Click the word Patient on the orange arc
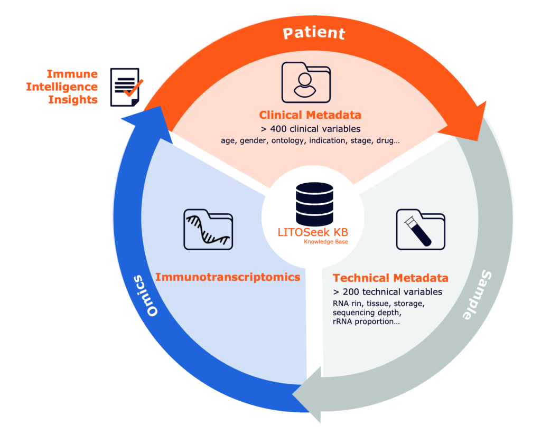click(314, 33)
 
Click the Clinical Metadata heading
click(310, 115)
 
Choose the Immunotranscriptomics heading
click(228, 277)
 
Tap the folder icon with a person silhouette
click(305, 82)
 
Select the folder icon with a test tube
click(421, 229)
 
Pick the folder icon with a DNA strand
click(208, 229)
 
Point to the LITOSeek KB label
click(313, 232)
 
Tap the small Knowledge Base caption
click(325, 242)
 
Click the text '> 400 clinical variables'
click(310, 129)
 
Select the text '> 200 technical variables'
click(388, 292)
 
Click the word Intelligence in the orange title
click(62, 87)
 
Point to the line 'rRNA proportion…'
click(366, 321)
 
